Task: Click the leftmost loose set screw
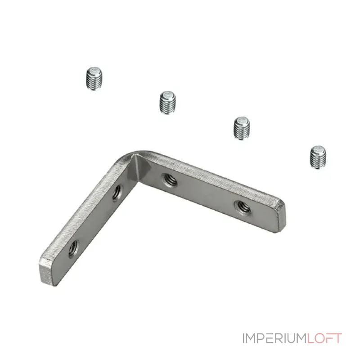pos(94,78)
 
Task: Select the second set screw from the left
pos(167,103)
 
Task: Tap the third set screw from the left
pos(242,128)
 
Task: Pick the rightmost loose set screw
pos(318,157)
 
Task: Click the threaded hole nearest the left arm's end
pos(74,249)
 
